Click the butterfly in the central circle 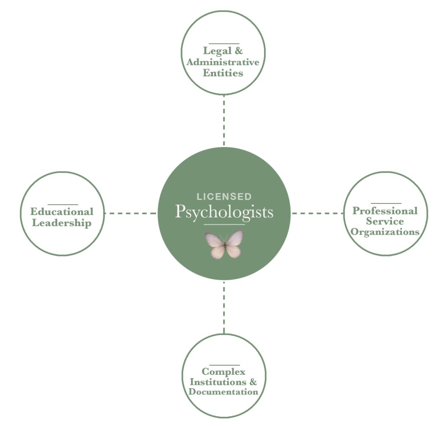click(x=224, y=245)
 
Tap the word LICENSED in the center click(x=224, y=197)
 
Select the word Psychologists click(x=224, y=212)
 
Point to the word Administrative click(x=224, y=62)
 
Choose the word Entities click(x=224, y=73)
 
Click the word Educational click(x=62, y=212)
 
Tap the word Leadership click(x=62, y=223)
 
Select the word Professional click(x=385, y=211)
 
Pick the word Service click(x=385, y=221)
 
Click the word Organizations click(x=385, y=232)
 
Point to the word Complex click(x=224, y=372)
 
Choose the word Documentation click(x=224, y=392)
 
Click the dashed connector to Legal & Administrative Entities click(x=224, y=121)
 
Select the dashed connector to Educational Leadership click(x=130, y=213)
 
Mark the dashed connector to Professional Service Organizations click(x=318, y=213)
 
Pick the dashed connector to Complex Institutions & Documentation click(x=224, y=307)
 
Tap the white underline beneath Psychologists click(x=221, y=224)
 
